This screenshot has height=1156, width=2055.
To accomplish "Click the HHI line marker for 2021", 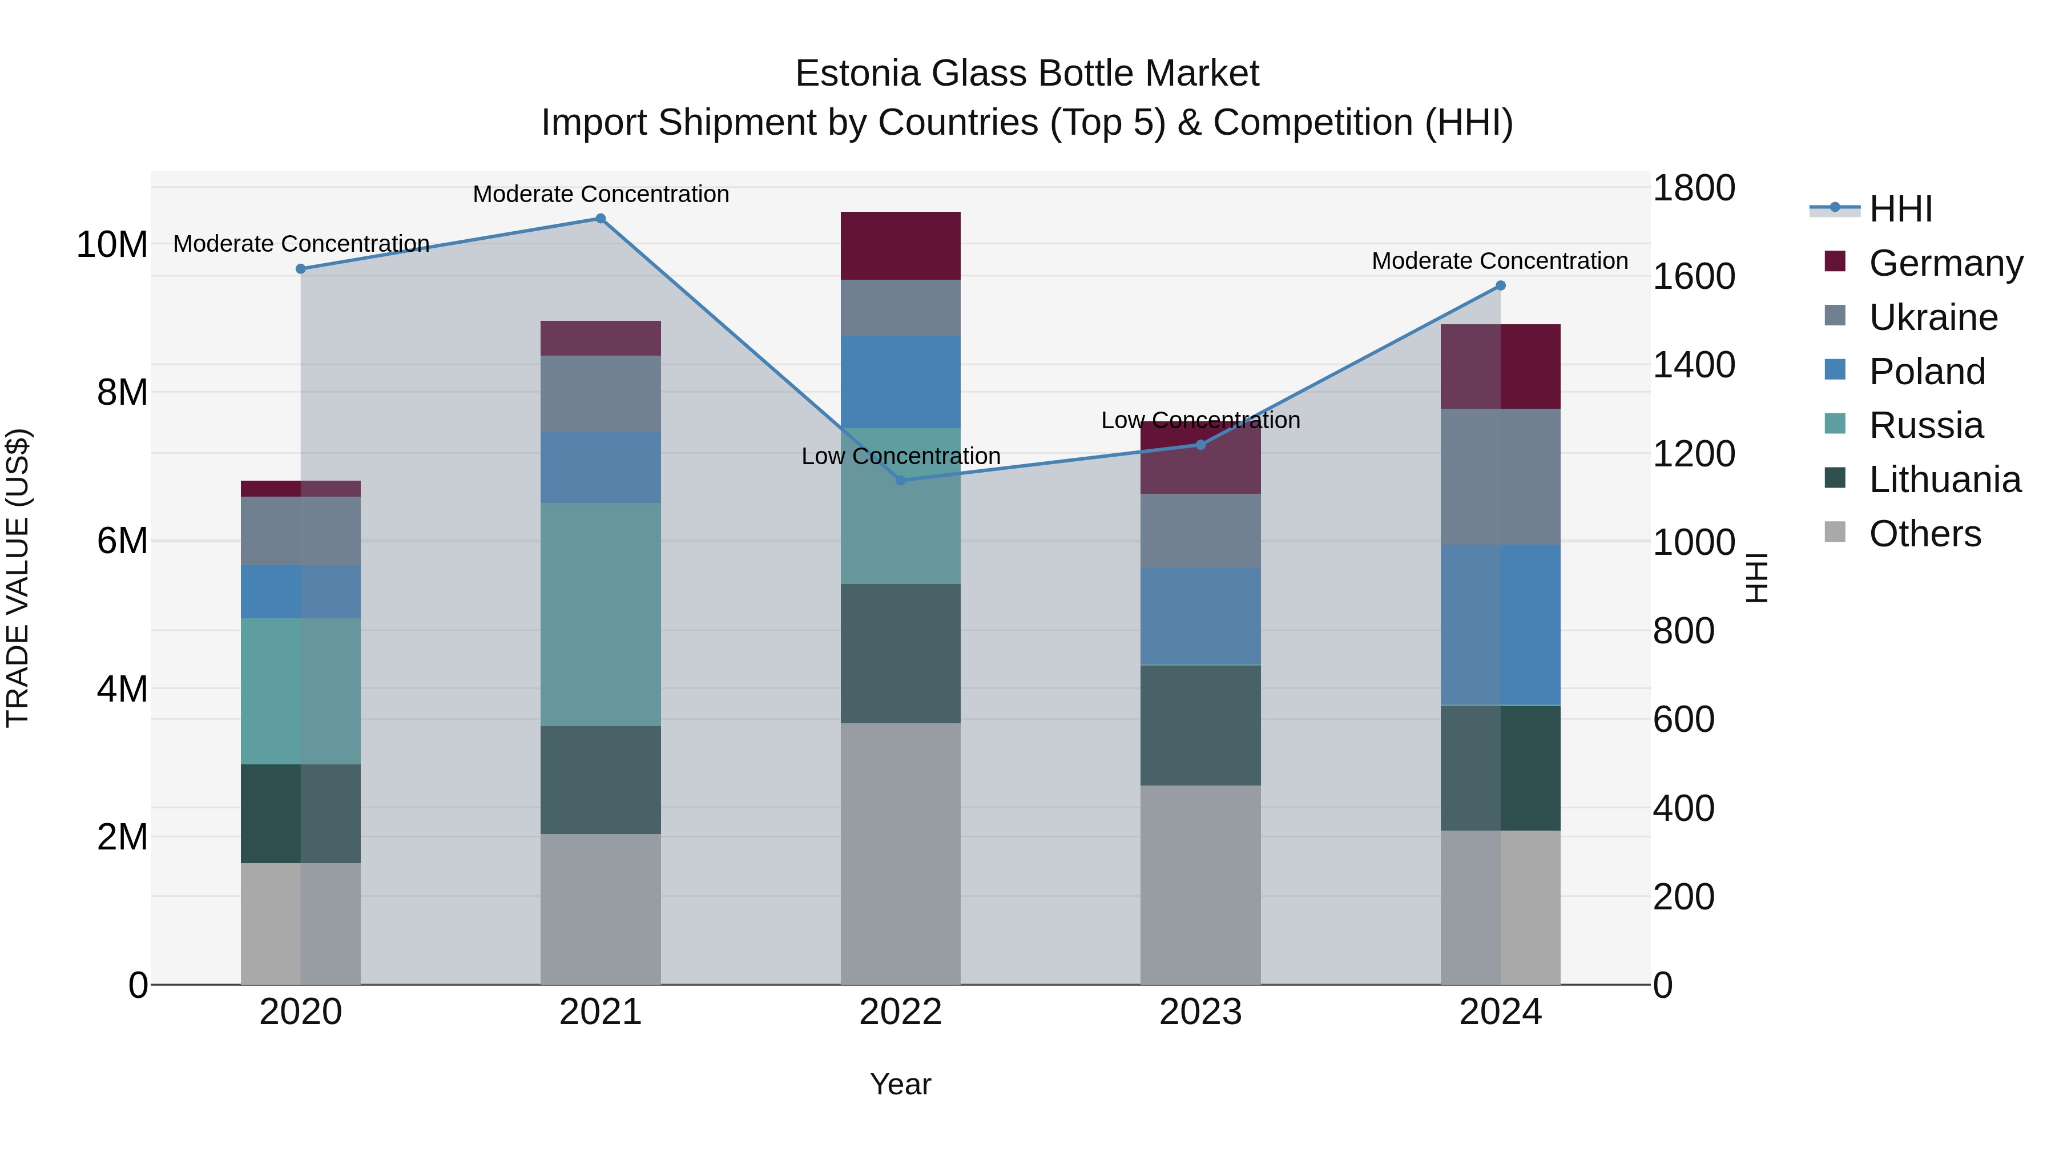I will click(x=601, y=219).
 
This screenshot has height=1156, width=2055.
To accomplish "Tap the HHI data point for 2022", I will click(x=901, y=480).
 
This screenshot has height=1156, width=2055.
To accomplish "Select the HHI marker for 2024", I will click(x=1501, y=285).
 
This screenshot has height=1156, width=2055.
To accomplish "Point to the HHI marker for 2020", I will click(x=301, y=269).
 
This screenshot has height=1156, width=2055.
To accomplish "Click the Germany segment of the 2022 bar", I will click(x=901, y=245).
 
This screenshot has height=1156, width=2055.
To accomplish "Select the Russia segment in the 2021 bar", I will click(x=601, y=614).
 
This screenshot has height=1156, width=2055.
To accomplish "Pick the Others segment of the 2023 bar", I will click(x=1200, y=885).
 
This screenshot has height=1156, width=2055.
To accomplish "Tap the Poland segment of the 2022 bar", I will click(x=901, y=381).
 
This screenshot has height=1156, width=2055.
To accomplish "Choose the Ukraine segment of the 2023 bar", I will click(x=1200, y=530).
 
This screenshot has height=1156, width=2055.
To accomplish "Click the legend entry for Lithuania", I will click(x=1944, y=480).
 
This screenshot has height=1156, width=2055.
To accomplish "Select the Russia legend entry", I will click(x=1926, y=425).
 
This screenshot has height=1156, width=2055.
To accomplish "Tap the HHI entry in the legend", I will click(x=1900, y=209).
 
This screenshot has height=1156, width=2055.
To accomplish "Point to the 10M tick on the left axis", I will click(x=112, y=244).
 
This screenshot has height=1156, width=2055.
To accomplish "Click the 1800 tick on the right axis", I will click(x=1694, y=188).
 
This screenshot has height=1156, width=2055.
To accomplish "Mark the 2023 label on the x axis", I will click(x=1200, y=1012).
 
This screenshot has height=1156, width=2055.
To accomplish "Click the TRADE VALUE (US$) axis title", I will click(x=18, y=578).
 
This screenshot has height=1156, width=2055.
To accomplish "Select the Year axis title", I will click(x=901, y=1084).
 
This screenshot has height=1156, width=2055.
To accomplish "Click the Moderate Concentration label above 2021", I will click(x=601, y=194).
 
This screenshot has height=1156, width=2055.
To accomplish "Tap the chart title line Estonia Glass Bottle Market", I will click(x=1027, y=74).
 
